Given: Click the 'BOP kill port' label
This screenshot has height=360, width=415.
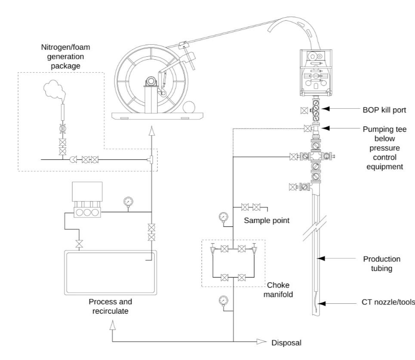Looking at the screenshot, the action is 384,110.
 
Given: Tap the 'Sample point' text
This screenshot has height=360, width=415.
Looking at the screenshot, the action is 267,220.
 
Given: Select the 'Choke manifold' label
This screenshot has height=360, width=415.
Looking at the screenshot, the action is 278,290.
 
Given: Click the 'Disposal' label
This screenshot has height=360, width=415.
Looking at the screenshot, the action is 286,343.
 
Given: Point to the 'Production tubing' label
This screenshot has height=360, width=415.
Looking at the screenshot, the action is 381,263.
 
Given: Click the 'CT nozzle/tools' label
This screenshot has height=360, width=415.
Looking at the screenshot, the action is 388,302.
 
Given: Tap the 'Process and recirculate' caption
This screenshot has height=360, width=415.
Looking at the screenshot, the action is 111,306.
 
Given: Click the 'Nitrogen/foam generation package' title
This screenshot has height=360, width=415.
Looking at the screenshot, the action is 65,56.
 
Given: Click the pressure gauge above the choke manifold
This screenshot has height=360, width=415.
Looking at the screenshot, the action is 223,217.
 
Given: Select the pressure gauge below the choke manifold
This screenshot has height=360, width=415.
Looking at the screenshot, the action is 223,301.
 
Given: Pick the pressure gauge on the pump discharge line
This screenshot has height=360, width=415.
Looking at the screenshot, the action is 128,201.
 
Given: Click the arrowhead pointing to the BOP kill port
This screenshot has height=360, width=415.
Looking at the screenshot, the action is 325,108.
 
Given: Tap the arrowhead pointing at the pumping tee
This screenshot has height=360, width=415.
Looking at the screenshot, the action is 325,128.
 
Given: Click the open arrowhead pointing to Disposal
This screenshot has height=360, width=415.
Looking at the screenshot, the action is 261,342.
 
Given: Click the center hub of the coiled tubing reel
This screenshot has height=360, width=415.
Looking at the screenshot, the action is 151,81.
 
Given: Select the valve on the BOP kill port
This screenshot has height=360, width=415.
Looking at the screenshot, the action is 304,110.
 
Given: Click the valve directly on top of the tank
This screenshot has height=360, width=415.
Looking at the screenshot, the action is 79,244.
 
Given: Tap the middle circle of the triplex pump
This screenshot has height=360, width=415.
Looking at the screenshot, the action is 87,213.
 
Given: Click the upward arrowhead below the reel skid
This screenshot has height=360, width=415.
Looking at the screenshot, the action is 151,131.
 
